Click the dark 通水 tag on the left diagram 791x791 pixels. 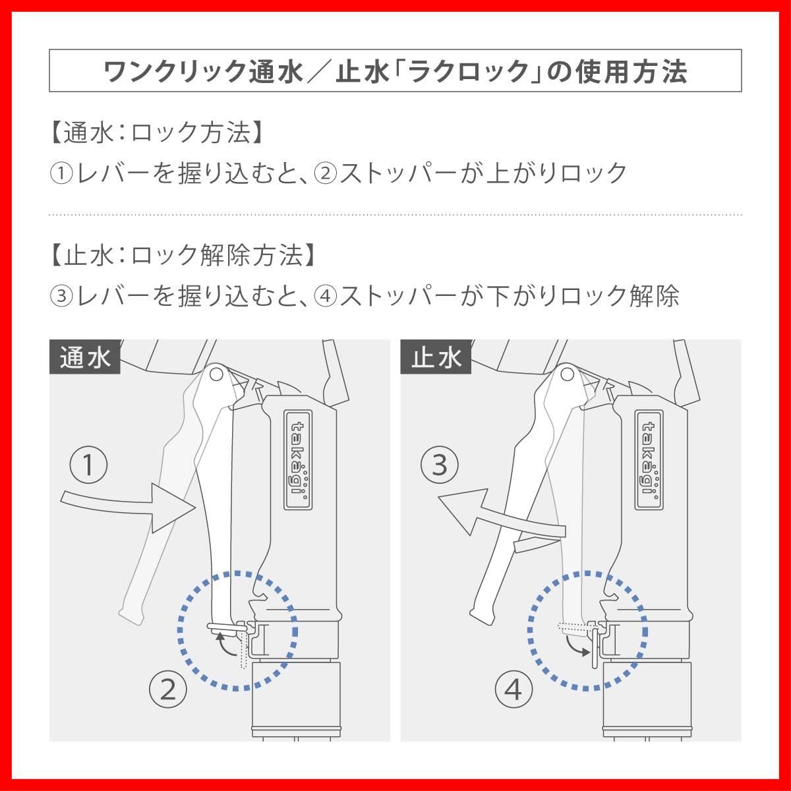(x=84, y=357)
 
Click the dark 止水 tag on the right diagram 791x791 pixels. (x=436, y=357)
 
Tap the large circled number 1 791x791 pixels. (x=89, y=465)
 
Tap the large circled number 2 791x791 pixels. (x=168, y=689)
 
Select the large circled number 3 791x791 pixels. (x=440, y=465)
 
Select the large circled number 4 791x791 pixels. (x=513, y=689)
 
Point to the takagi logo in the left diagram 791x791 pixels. (x=298, y=459)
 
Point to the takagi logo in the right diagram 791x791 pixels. (x=649, y=459)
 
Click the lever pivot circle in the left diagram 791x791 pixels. (x=216, y=374)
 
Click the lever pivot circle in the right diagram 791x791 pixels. (x=568, y=374)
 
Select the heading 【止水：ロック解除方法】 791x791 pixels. (x=183, y=255)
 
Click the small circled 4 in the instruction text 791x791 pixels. (x=326, y=296)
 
